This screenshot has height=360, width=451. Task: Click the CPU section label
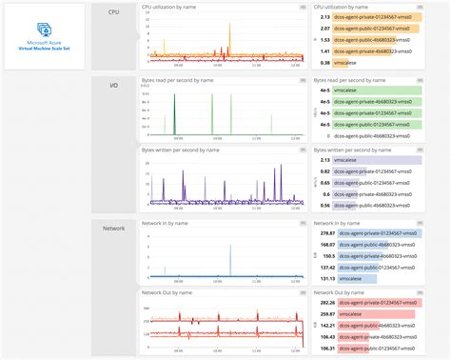pos(113,13)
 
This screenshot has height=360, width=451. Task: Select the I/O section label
pos(113,87)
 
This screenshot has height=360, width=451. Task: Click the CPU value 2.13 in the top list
pos(325,16)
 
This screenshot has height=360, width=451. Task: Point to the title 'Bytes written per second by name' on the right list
pos(356,150)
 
